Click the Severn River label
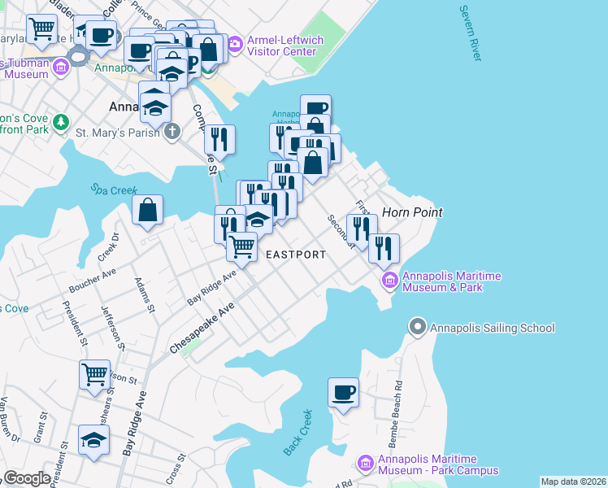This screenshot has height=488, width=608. (469, 34)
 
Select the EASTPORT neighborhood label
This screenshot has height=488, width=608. (296, 255)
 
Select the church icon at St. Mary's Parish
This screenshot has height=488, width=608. (172, 130)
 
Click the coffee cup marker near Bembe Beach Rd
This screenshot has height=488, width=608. (343, 394)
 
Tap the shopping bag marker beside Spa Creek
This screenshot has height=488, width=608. (147, 211)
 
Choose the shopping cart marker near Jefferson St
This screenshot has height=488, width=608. (94, 375)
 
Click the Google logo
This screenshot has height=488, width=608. (27, 478)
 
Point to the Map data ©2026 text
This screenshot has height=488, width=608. (573, 481)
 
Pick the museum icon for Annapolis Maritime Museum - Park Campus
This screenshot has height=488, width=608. (365, 464)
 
